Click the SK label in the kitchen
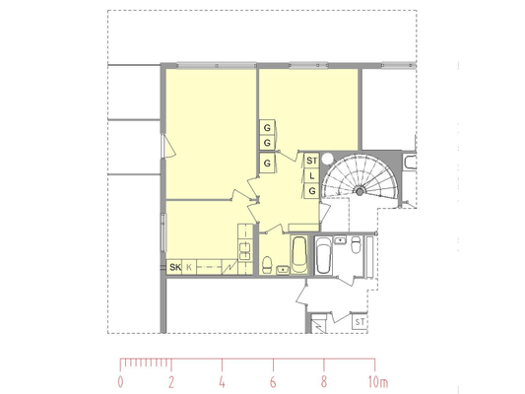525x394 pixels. coord(175,267)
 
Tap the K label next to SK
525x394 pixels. coord(189,267)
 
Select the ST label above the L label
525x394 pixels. coord(311,161)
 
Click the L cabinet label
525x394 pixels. coord(312,175)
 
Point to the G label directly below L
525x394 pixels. coord(312,191)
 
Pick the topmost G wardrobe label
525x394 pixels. coord(267,127)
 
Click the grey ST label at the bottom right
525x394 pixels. coord(360,322)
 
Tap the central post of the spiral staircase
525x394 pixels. coord(360,192)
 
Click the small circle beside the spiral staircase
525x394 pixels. coord(328,159)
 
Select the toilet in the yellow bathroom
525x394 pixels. coord(267,264)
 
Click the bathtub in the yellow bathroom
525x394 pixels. coord(299,255)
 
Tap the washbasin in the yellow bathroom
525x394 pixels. coord(283,270)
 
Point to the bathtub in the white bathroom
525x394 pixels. coord(324,255)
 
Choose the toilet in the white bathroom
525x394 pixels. coord(356,244)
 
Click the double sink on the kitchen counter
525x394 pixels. coord(244,251)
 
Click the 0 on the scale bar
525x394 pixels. coord(120,382)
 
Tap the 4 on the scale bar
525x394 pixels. coord(222,382)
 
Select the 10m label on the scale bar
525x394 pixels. coord(378,382)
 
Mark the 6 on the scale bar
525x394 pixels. coord(273,382)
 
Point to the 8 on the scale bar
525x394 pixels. coord(324,382)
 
